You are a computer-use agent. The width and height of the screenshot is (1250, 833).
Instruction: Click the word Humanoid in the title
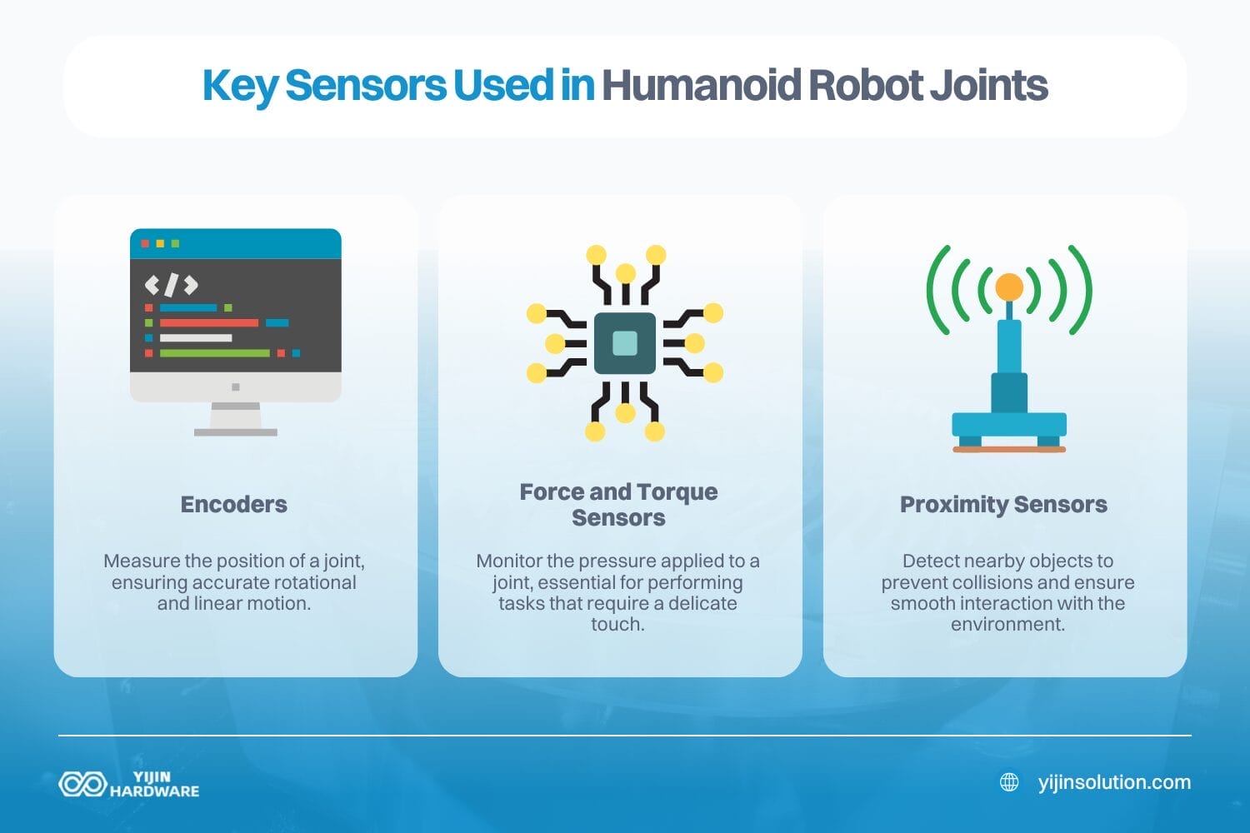pyautogui.click(x=702, y=85)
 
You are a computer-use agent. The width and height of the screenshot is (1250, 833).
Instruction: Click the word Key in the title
pyautogui.click(x=239, y=87)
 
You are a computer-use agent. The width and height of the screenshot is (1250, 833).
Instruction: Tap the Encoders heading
pyautogui.click(x=234, y=504)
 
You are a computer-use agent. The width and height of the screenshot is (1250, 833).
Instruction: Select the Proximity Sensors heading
pyautogui.click(x=1003, y=504)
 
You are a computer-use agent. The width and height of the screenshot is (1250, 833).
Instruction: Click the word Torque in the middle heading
pyautogui.click(x=677, y=491)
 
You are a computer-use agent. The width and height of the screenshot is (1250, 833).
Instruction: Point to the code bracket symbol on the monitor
pyautogui.click(x=171, y=285)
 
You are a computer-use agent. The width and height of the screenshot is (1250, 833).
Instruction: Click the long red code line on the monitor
pyautogui.click(x=208, y=323)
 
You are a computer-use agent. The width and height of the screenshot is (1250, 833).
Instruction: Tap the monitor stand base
pyautogui.click(x=235, y=431)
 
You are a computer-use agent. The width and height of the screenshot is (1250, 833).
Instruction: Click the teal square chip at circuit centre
pyautogui.click(x=625, y=343)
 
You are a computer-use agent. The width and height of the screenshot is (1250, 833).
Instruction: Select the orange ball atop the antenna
pyautogui.click(x=1008, y=287)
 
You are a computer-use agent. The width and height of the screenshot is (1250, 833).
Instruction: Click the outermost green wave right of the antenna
pyautogui.click(x=1082, y=290)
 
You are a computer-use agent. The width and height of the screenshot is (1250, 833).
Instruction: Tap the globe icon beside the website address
pyautogui.click(x=1009, y=782)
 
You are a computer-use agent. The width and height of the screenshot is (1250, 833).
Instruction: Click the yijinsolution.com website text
pyautogui.click(x=1114, y=782)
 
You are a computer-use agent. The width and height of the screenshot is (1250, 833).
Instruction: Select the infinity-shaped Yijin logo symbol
pyautogui.click(x=82, y=784)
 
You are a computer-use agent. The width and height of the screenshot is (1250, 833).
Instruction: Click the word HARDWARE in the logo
pyautogui.click(x=154, y=791)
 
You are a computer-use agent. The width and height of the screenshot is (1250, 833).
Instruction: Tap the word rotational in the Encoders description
pyautogui.click(x=310, y=582)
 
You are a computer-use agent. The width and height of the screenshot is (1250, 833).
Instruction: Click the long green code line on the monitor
pyautogui.click(x=214, y=353)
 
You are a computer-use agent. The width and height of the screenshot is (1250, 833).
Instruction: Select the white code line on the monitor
pyautogui.click(x=195, y=338)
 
